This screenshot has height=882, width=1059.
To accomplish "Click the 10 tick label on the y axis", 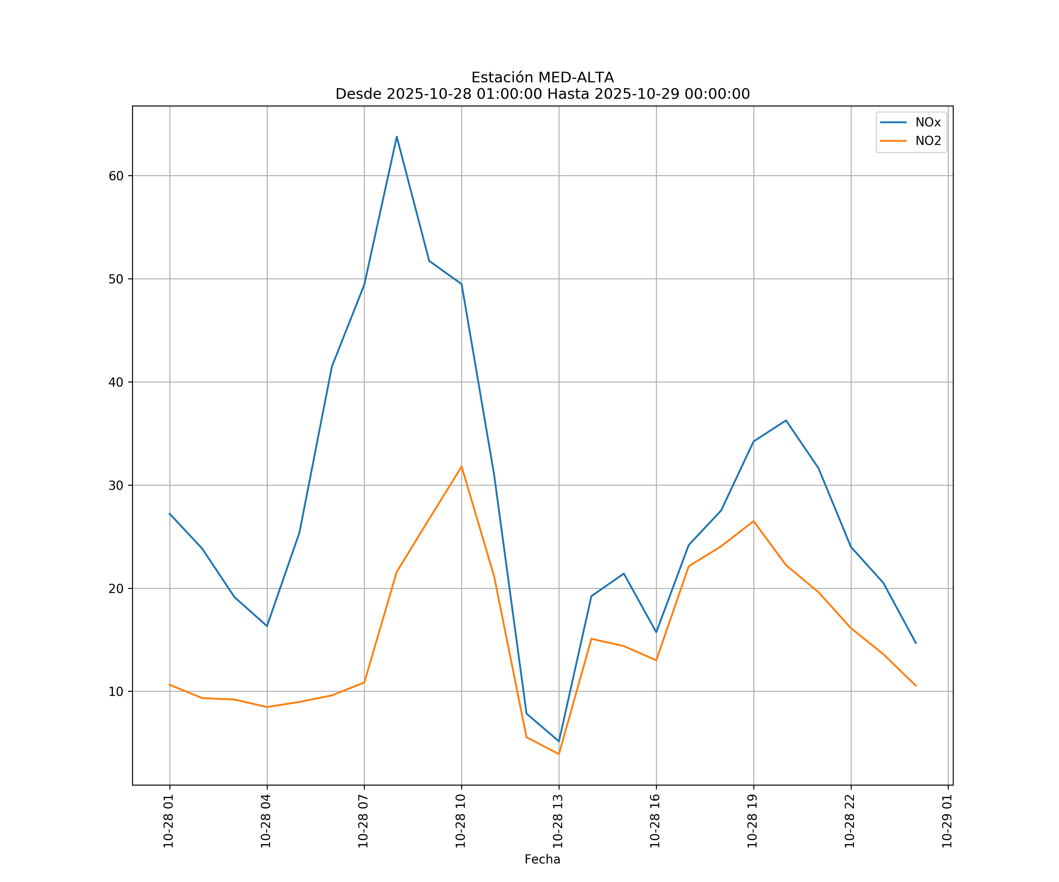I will [116, 691].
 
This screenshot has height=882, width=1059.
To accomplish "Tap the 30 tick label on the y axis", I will [116, 485].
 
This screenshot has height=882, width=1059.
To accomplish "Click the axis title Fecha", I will [542, 859].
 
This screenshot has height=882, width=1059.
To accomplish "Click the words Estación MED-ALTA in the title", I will [542, 78].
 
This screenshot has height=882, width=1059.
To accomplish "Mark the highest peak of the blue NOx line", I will [397, 137].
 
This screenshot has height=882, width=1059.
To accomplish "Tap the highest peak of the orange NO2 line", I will [462, 467].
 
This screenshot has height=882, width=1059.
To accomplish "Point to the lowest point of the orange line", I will [559, 754].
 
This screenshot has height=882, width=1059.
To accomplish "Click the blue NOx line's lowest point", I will [559, 741].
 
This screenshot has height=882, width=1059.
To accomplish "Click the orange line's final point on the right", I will [916, 686].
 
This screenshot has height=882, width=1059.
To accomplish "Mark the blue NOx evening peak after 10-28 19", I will [786, 420].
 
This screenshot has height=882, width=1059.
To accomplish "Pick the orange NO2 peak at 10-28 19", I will [753, 521].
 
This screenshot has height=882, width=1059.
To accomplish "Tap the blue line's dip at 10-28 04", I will [267, 626].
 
